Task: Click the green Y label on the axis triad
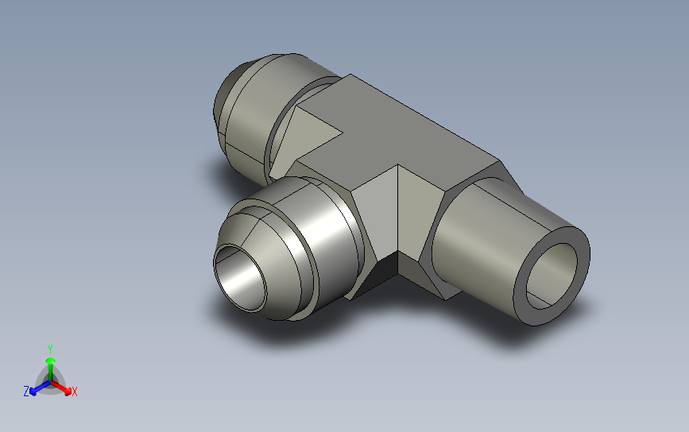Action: pyautogui.click(x=49, y=349)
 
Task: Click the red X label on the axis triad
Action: pyautogui.click(x=74, y=391)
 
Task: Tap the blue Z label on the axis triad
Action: pyautogui.click(x=26, y=391)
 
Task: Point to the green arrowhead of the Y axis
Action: pyautogui.click(x=51, y=361)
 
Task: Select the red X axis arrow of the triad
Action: pyautogui.click(x=61, y=387)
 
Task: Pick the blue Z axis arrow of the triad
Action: pyautogui.click(x=40, y=388)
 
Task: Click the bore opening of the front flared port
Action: pyautogui.click(x=240, y=279)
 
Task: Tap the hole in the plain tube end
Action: pyautogui.click(x=552, y=276)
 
